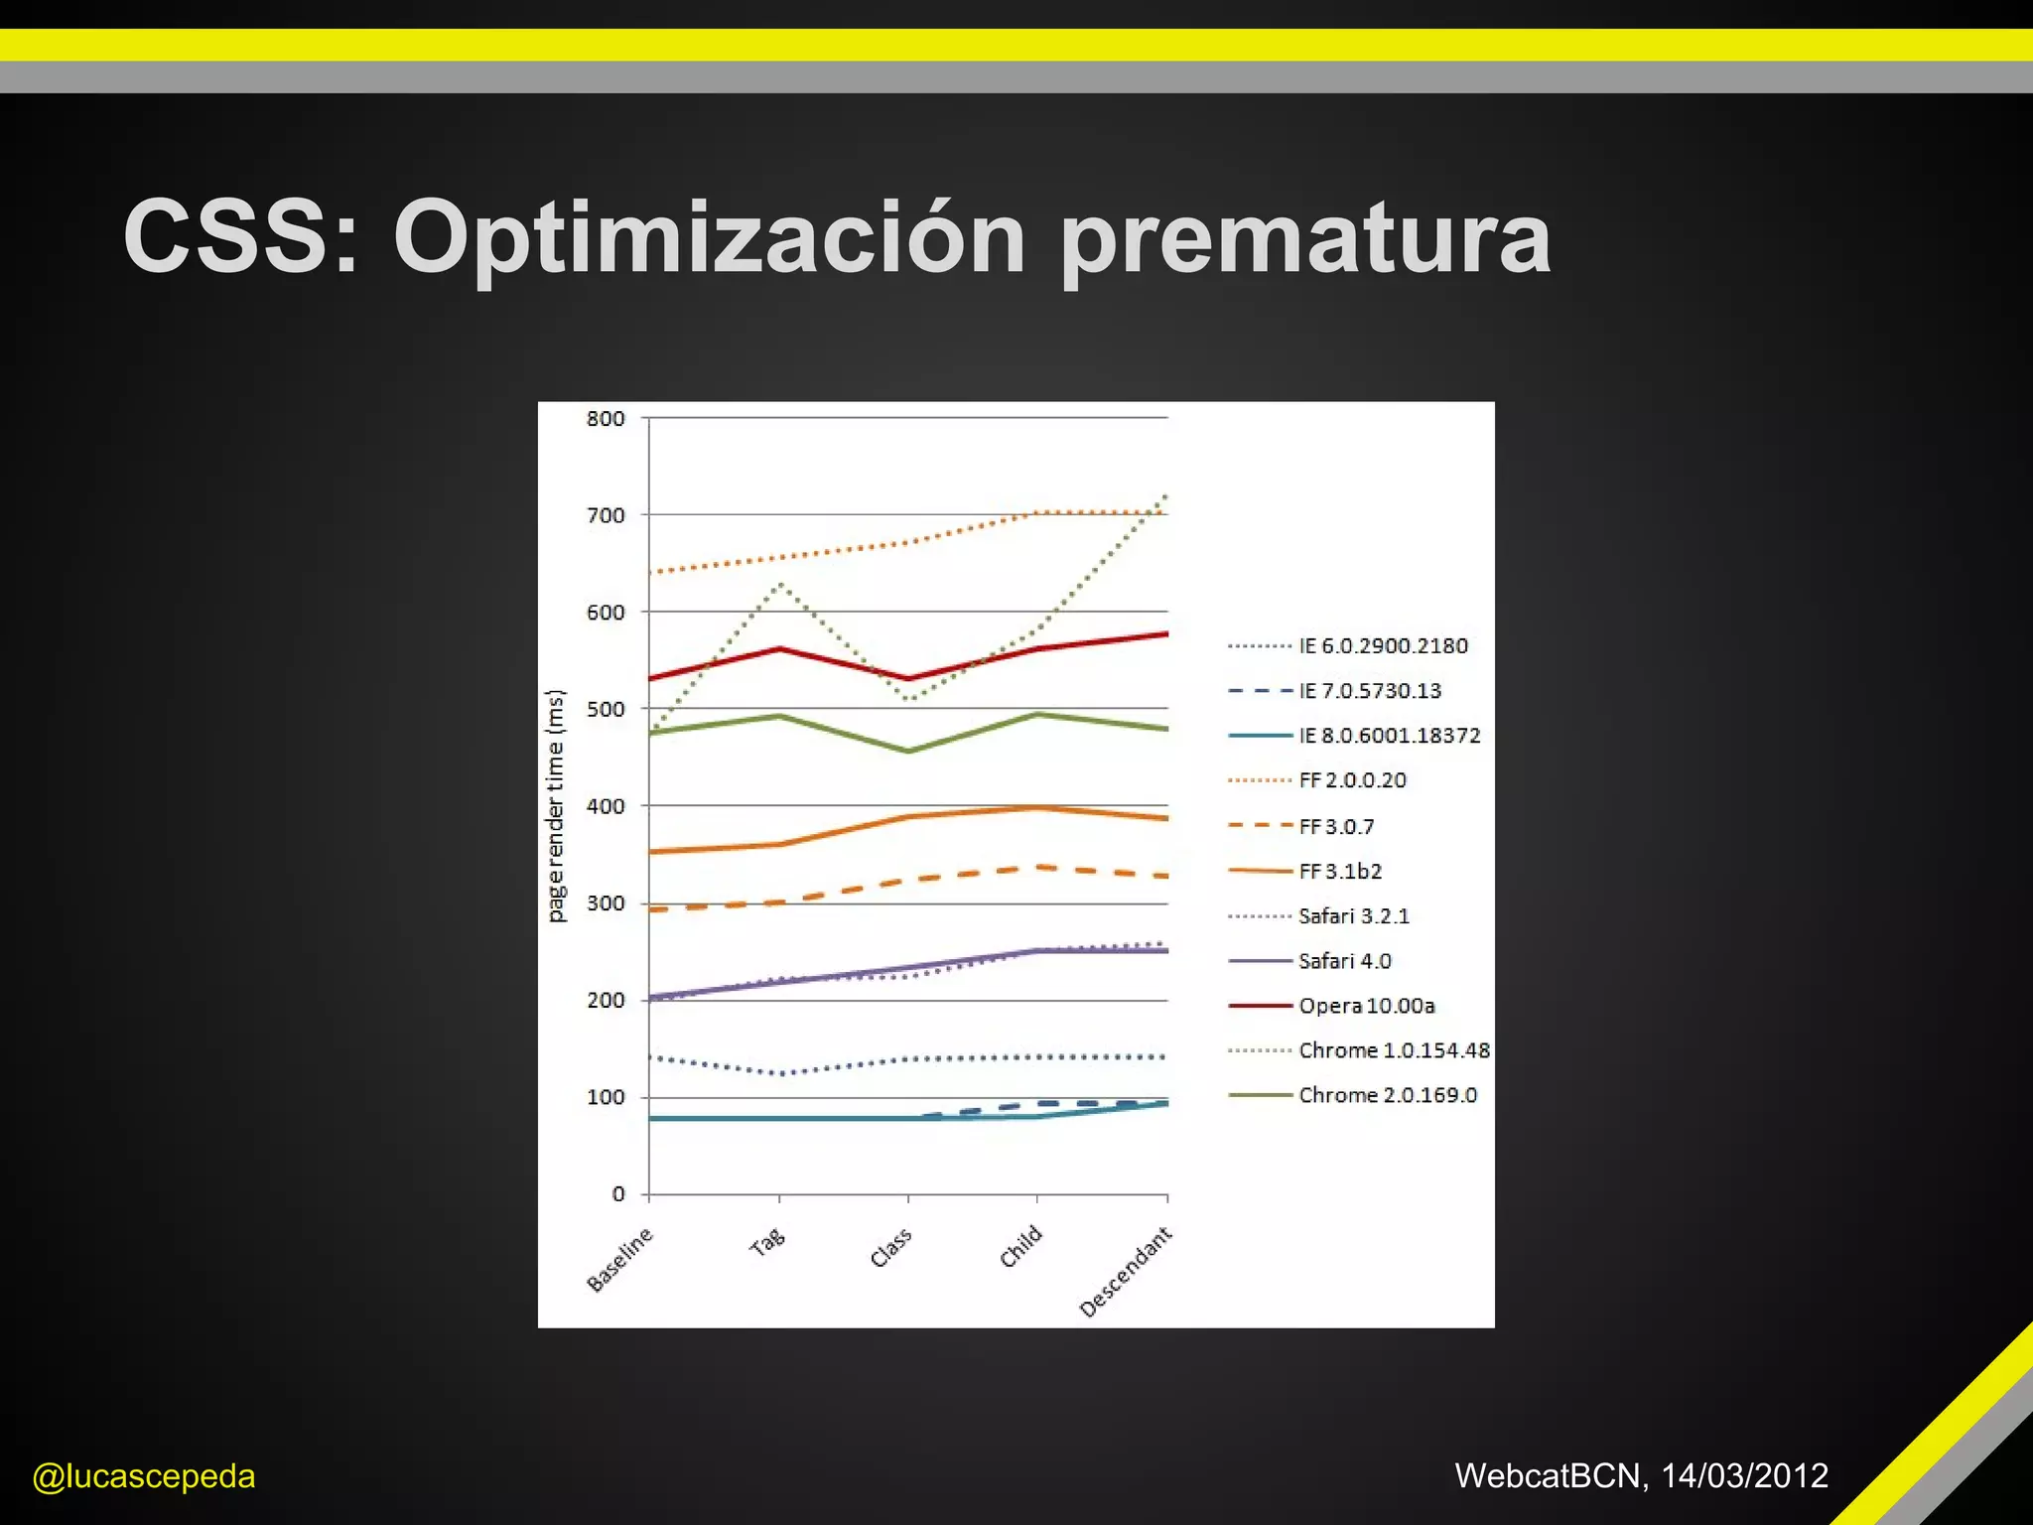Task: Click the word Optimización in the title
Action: pyautogui.click(x=709, y=238)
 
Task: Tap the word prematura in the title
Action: pyautogui.click(x=1304, y=238)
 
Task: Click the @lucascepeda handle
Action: pyautogui.click(x=144, y=1476)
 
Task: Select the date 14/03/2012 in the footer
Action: pyautogui.click(x=1744, y=1475)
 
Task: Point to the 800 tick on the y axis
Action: pyautogui.click(x=606, y=419)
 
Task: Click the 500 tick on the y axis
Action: pyautogui.click(x=606, y=710)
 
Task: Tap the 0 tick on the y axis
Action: pyautogui.click(x=617, y=1194)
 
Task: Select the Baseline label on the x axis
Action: pyautogui.click(x=620, y=1259)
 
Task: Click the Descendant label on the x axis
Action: pyautogui.click(x=1126, y=1272)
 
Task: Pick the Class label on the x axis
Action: pyautogui.click(x=890, y=1248)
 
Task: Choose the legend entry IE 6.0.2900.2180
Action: pyautogui.click(x=1383, y=646)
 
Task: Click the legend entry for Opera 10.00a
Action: pyautogui.click(x=1366, y=1006)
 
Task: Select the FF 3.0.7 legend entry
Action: pyautogui.click(x=1336, y=826)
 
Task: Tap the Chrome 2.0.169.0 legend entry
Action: pyautogui.click(x=1387, y=1095)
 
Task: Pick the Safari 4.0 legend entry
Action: pyautogui.click(x=1344, y=961)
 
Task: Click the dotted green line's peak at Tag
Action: pyautogui.click(x=780, y=584)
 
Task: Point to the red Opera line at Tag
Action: pyautogui.click(x=780, y=649)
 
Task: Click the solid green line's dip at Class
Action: pyautogui.click(x=908, y=752)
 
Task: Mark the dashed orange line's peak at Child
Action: pyautogui.click(x=1038, y=867)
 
